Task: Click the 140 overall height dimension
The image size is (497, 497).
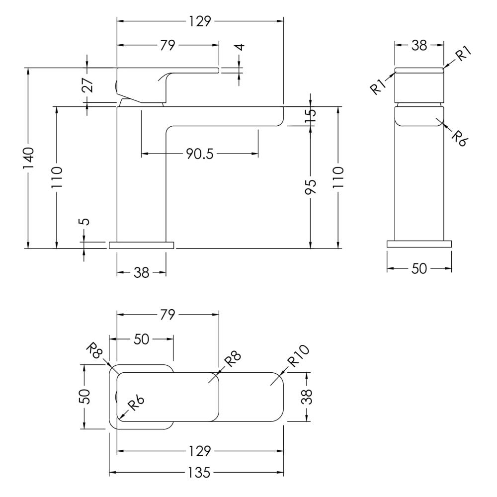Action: click(x=28, y=158)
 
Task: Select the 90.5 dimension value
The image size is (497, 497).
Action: click(x=200, y=154)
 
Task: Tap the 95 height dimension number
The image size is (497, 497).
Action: click(x=311, y=187)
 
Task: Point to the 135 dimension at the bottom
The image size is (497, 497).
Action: click(x=199, y=473)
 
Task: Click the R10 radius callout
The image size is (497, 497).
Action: click(x=298, y=356)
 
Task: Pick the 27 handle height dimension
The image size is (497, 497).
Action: click(x=87, y=84)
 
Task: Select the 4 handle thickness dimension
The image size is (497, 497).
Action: click(x=241, y=47)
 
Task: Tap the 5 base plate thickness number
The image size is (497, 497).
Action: click(x=85, y=221)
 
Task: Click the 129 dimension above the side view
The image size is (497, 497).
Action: click(x=200, y=21)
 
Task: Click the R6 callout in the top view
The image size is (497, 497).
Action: click(x=136, y=404)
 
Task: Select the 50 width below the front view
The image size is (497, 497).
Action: click(x=419, y=269)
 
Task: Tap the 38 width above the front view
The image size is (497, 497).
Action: click(x=419, y=46)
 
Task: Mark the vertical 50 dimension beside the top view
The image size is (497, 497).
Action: click(x=84, y=397)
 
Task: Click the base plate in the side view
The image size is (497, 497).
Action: click(x=141, y=245)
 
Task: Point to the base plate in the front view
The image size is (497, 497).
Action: click(x=419, y=244)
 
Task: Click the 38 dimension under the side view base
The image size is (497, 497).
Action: click(x=141, y=272)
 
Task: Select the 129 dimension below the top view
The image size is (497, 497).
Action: click(x=200, y=451)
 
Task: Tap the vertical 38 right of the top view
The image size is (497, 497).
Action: click(x=307, y=397)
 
